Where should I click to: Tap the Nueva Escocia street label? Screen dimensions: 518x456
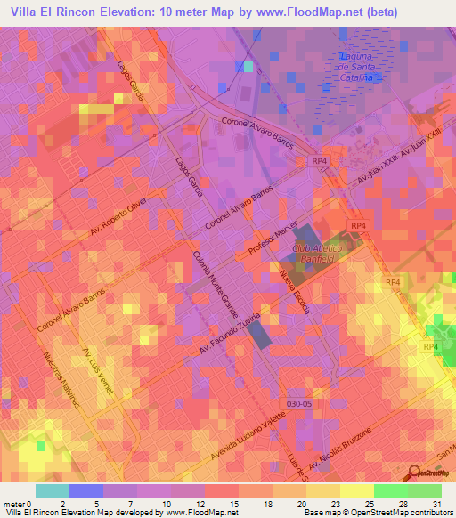click(294, 294)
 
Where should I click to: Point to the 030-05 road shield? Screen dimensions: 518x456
click(300, 403)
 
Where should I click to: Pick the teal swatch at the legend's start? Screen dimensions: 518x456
click(52, 490)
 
